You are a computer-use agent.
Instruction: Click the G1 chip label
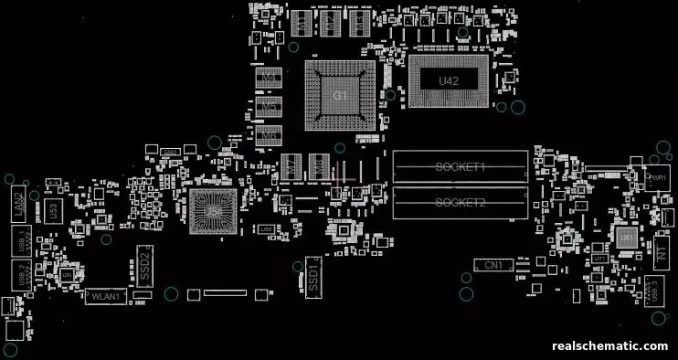pos(339,96)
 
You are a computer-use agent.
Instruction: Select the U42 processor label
pos(448,81)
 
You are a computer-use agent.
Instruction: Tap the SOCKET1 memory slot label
pos(460,167)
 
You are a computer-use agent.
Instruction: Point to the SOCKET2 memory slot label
pos(460,202)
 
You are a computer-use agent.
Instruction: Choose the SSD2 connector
pos(143,262)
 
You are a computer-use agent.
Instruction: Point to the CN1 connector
pos(494,264)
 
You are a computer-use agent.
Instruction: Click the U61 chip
pos(626,237)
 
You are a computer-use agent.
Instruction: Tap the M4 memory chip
pos(269,79)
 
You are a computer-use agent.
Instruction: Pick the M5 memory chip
pos(269,107)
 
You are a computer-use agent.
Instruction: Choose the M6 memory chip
pos(269,135)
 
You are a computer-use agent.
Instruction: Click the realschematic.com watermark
pos(610,346)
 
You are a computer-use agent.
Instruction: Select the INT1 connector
pos(662,255)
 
